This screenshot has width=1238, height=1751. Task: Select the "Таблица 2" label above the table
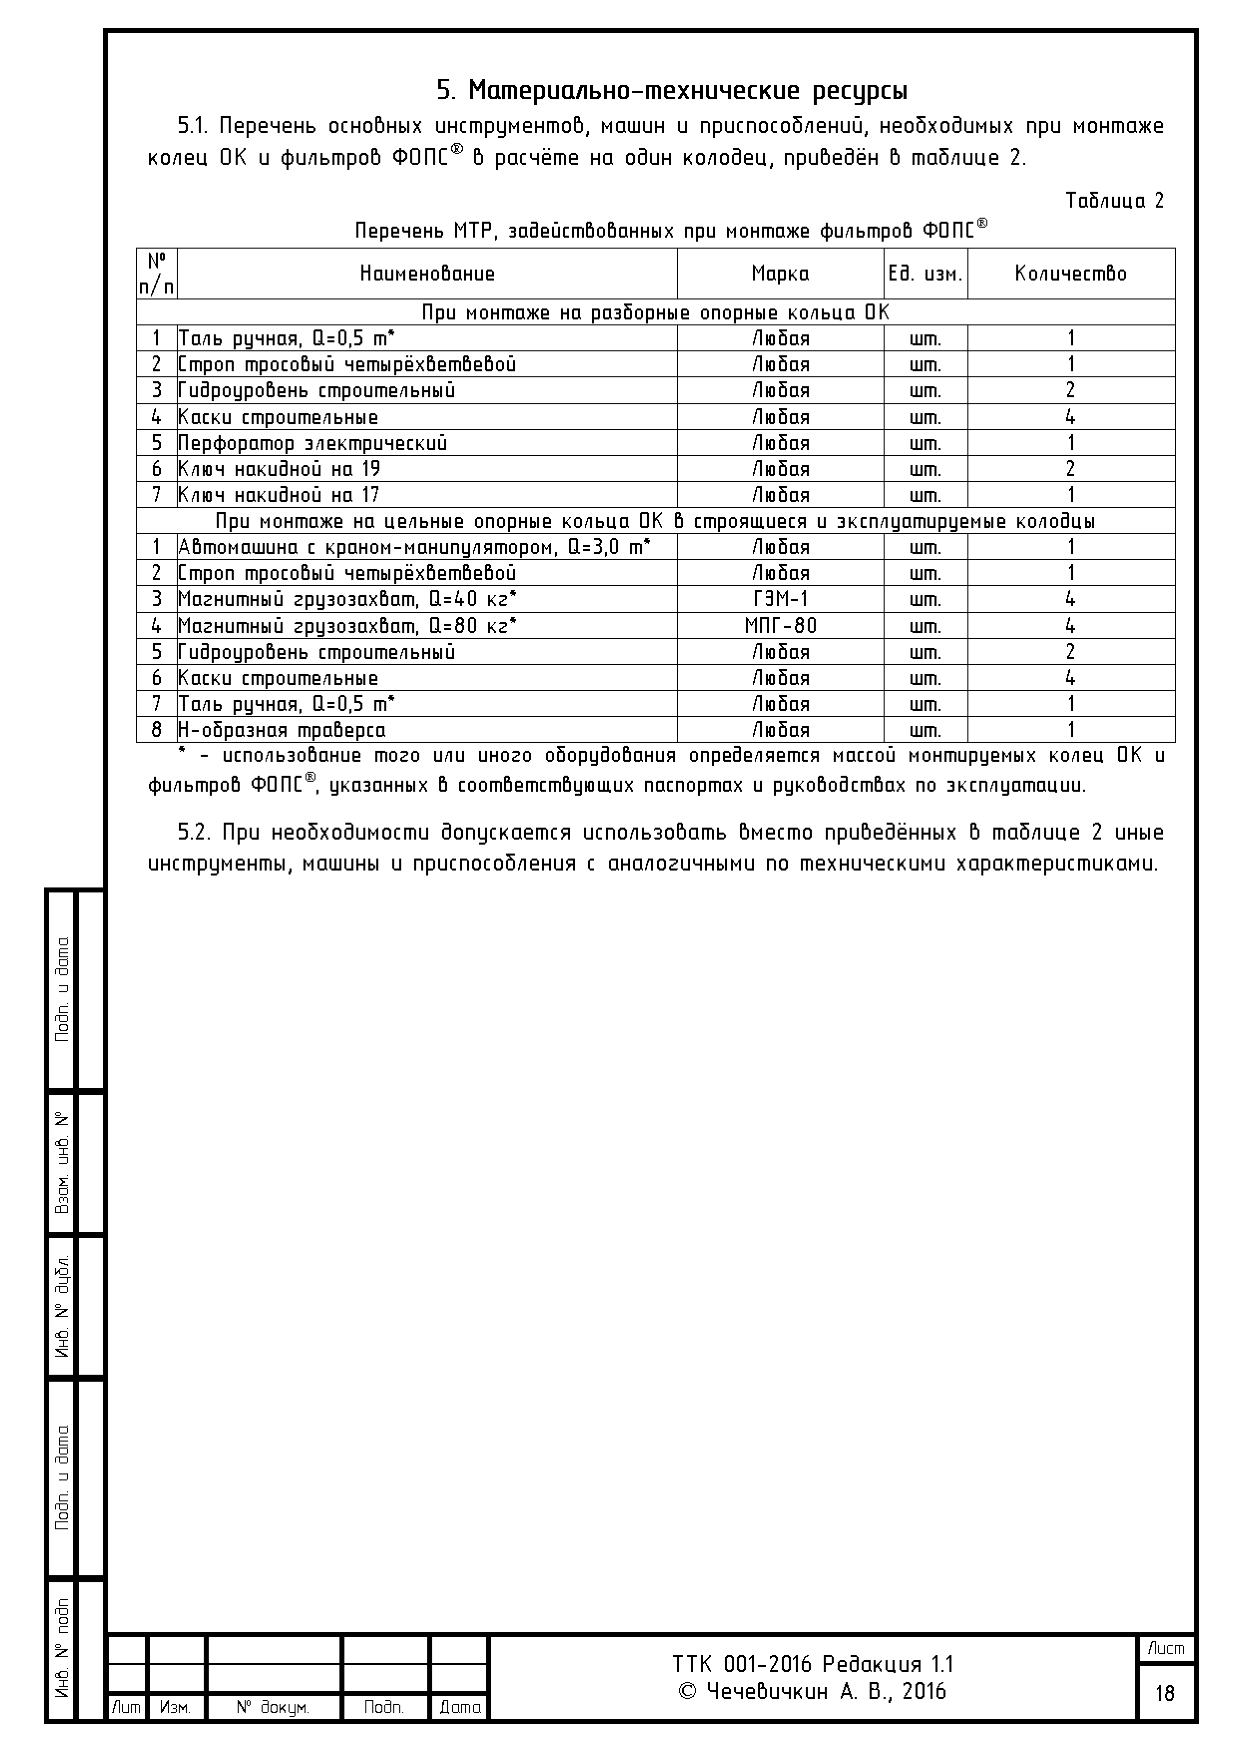[1114, 201]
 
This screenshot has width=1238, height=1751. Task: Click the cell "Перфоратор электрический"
[312, 443]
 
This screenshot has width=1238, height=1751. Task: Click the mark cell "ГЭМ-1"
[780, 598]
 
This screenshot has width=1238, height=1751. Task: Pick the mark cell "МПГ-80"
[780, 625]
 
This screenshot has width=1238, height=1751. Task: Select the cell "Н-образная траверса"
[282, 730]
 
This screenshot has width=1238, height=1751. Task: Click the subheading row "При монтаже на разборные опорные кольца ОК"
[655, 312]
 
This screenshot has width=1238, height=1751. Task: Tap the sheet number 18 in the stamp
[1165, 1693]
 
